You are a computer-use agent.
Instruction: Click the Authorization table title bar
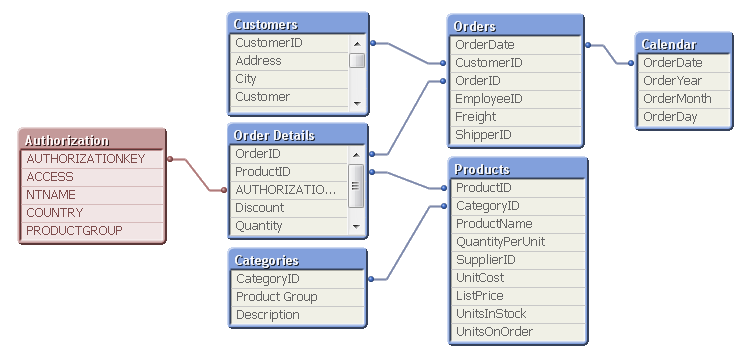(91, 140)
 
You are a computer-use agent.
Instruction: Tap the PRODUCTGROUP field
(74, 231)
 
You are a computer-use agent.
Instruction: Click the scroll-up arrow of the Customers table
(357, 43)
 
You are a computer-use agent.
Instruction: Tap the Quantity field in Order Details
(259, 226)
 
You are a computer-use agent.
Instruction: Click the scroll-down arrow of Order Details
(357, 226)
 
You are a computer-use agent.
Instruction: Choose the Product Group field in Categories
(276, 297)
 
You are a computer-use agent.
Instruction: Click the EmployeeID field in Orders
(488, 99)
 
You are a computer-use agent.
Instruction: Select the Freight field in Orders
(475, 117)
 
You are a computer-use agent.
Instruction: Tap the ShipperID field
(483, 135)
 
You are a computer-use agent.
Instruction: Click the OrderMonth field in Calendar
(677, 99)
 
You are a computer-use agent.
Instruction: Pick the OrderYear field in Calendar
(672, 81)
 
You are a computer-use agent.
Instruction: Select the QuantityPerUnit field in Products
(500, 242)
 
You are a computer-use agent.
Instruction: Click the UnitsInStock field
(490, 314)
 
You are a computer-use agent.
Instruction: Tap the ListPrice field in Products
(479, 296)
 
